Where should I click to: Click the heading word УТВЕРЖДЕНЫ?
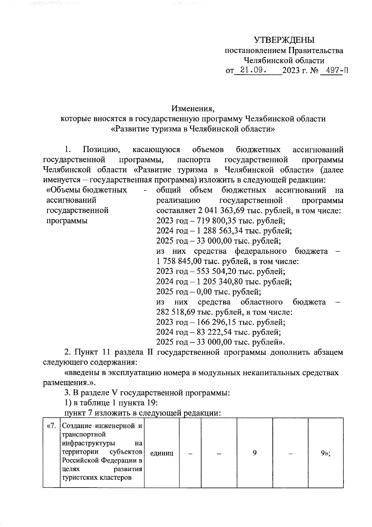[x=284, y=40]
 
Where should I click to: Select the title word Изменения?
[x=193, y=109]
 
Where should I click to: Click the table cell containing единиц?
[x=162, y=453]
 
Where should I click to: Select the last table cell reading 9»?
[x=325, y=453]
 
